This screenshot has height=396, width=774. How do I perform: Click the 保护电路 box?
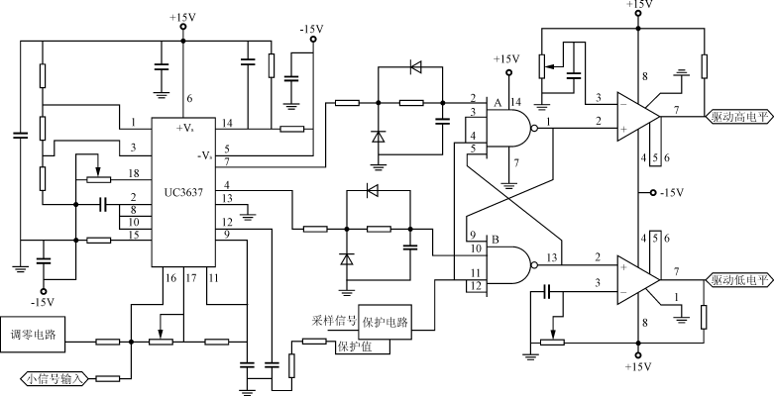click(x=384, y=323)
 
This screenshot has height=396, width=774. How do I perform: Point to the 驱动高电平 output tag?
click(x=739, y=115)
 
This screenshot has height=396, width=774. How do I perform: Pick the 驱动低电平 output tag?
click(x=739, y=280)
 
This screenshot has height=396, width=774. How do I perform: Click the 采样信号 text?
click(x=332, y=323)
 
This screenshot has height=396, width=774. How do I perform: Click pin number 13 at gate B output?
click(x=551, y=258)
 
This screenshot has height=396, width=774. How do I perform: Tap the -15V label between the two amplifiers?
click(x=675, y=192)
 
